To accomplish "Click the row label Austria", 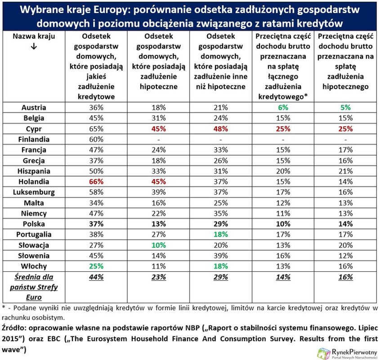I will (34, 108).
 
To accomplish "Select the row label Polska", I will (34, 224).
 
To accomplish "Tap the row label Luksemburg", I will (34, 192).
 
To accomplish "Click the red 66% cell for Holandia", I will (95, 181).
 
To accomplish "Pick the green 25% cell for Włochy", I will (95, 266).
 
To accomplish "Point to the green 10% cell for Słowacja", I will (157, 245).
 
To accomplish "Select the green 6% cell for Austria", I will (283, 108).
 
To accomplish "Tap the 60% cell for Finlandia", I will (95, 139).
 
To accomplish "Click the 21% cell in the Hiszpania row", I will (346, 171).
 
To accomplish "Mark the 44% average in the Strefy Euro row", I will (95, 277).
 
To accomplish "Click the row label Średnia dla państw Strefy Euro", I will (34, 287).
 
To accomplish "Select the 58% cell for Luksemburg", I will (95, 192).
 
